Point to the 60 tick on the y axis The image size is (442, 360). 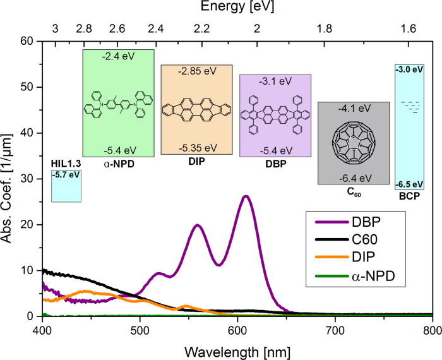[29, 41]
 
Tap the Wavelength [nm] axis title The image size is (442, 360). [237, 348]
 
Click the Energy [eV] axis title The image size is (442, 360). [237, 8]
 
